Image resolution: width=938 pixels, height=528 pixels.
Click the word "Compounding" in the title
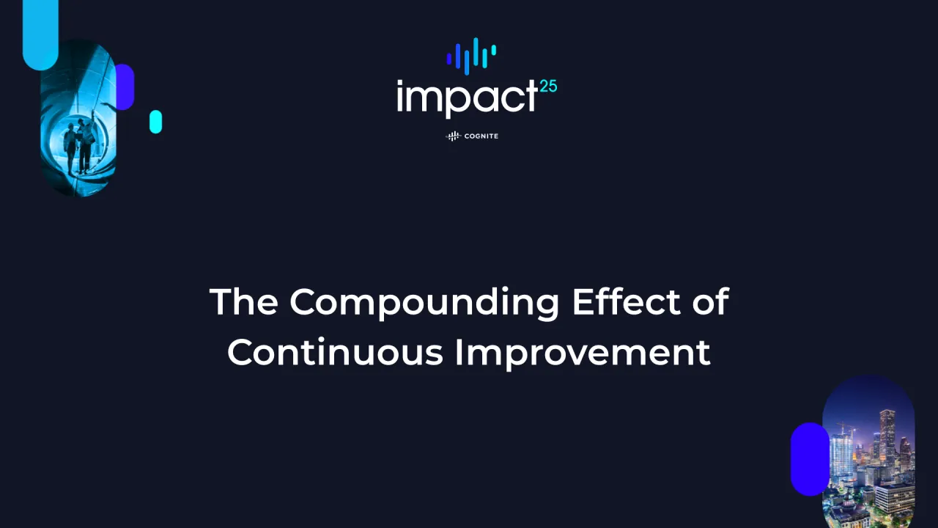tap(424, 302)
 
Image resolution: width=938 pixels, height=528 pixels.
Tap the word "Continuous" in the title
tap(335, 352)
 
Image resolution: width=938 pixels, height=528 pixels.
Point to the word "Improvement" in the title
tap(583, 353)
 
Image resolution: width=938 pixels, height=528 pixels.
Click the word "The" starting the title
tap(243, 301)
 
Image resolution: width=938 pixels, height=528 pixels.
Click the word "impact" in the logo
tap(468, 97)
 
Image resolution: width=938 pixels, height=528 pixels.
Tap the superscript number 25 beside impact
tap(548, 87)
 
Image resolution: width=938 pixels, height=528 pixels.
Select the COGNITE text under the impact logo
tap(481, 136)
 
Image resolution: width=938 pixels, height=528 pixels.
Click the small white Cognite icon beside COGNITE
tap(454, 136)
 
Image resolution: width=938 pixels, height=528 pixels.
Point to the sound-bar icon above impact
tap(471, 56)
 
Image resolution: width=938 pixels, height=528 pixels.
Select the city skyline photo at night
tap(868, 455)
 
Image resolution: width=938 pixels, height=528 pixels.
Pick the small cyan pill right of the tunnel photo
tap(155, 122)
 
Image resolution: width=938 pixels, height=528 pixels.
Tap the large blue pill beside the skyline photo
tap(809, 458)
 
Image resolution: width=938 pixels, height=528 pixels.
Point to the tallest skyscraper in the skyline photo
tap(887, 433)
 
